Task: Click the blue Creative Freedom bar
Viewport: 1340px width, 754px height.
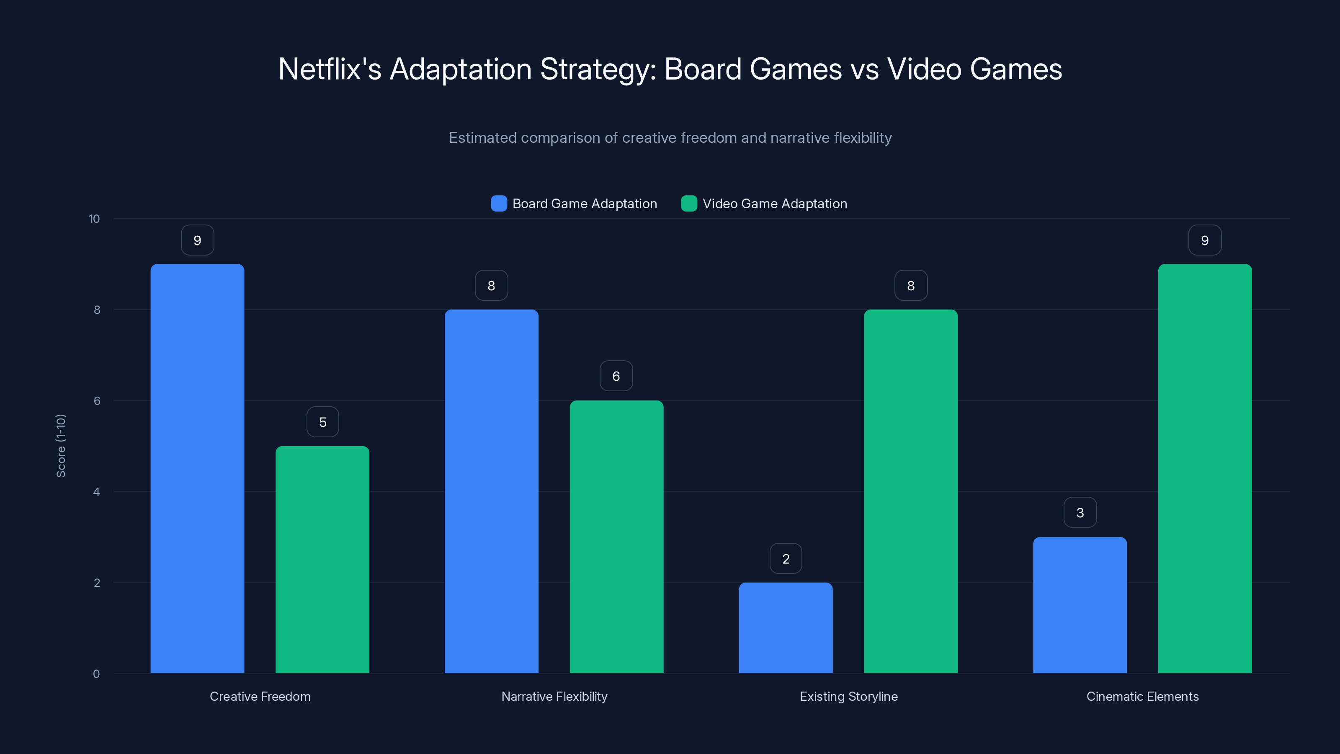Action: (197, 468)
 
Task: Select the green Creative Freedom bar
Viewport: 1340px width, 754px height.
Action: (322, 559)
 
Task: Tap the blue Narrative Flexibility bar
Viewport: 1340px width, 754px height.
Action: (491, 491)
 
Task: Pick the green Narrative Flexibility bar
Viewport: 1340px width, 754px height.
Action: (616, 537)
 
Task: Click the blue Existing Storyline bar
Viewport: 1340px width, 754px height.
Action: (786, 627)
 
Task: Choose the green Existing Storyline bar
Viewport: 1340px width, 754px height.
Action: (910, 491)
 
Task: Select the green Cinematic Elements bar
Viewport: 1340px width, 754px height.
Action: (1205, 468)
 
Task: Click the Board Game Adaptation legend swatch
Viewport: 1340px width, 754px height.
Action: (499, 204)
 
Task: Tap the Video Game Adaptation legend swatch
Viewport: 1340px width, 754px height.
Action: (689, 204)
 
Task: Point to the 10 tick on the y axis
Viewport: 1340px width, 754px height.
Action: (94, 219)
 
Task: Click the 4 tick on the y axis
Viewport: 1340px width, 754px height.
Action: (96, 492)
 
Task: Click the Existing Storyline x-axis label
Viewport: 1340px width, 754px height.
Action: (848, 696)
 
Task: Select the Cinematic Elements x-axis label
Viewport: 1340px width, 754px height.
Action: (1142, 696)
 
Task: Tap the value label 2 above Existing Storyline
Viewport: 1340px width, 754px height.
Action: (786, 558)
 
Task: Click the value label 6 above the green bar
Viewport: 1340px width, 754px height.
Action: (616, 376)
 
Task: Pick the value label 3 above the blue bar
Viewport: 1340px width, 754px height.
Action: (1080, 513)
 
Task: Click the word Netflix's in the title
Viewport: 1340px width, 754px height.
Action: (330, 69)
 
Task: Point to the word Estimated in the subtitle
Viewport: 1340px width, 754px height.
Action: (482, 138)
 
